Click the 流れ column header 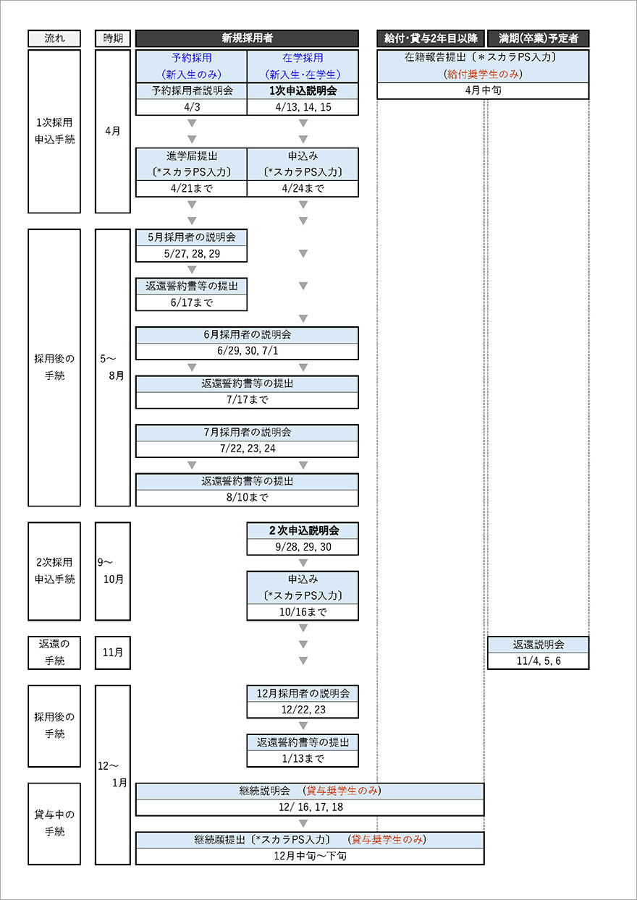click(54, 38)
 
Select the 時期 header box click(112, 38)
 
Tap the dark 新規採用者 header click(247, 38)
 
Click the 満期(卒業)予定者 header click(538, 38)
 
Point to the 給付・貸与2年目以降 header click(430, 38)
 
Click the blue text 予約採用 click(192, 58)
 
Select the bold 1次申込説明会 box click(303, 91)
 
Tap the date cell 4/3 click(192, 107)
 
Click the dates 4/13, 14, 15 click(303, 107)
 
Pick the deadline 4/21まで click(192, 188)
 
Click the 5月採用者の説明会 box click(192, 237)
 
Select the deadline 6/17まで click(192, 302)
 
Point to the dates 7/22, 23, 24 click(247, 449)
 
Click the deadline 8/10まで click(247, 498)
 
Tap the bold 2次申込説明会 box click(303, 530)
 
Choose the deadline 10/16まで click(303, 612)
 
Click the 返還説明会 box click(538, 645)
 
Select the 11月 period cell click(112, 653)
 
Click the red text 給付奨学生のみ click(482, 74)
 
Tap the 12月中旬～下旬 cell click(310, 856)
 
